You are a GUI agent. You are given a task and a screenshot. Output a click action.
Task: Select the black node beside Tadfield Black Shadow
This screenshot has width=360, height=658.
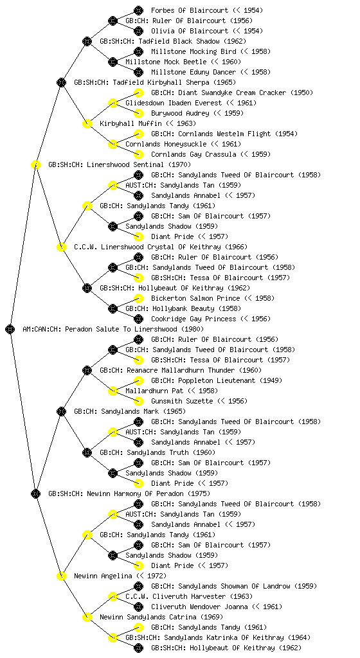87,41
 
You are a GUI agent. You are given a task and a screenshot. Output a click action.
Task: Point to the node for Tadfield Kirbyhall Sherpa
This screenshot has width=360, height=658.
61,82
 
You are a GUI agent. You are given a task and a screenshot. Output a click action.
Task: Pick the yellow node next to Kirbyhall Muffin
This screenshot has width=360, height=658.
87,123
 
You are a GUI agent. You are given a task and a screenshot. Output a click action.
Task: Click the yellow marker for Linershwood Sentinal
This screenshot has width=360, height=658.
35,164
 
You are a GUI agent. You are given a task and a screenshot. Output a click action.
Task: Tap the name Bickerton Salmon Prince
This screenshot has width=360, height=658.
195,298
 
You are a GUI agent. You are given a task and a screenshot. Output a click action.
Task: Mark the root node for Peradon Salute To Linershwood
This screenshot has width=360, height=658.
10,329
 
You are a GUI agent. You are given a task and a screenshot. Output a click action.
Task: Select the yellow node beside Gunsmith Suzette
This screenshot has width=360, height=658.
138,401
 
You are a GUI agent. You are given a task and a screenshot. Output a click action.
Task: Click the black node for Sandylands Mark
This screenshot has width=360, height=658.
61,411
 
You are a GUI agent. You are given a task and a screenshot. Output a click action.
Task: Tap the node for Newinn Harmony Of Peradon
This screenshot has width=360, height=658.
35,493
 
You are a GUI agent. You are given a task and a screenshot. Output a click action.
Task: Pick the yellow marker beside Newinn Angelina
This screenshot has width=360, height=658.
61,576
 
